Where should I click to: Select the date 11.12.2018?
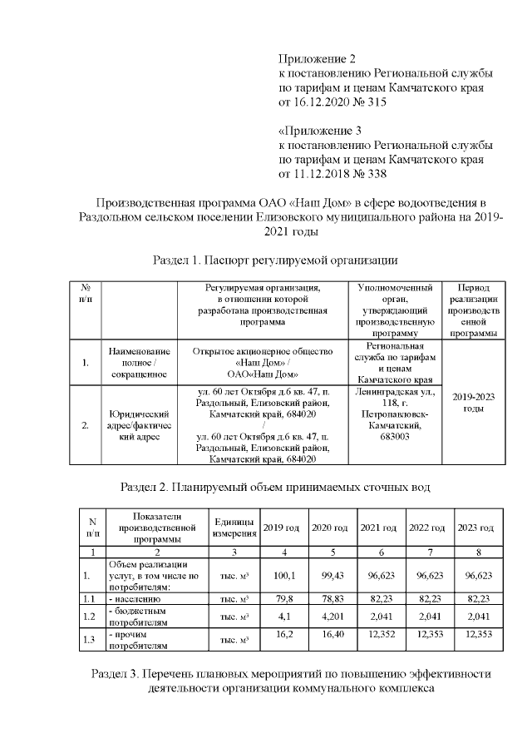click(x=323, y=174)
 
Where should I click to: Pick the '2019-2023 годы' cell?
click(x=473, y=403)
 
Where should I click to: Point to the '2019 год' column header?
click(x=280, y=528)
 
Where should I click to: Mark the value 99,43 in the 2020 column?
click(x=332, y=574)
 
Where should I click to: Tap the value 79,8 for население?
click(x=284, y=598)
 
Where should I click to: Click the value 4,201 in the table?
click(x=332, y=617)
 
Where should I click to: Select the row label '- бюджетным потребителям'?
click(x=138, y=617)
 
